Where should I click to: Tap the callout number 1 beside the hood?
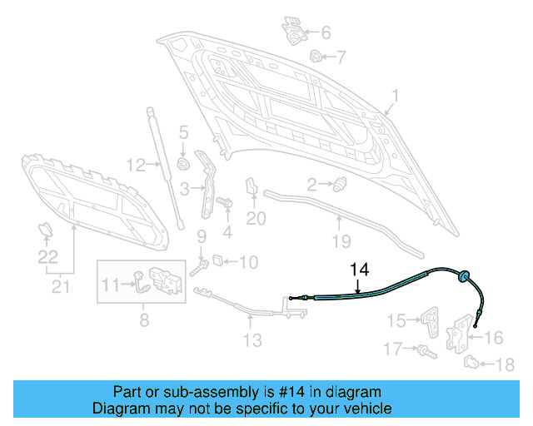coord(396,97)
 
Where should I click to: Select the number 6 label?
coord(325,32)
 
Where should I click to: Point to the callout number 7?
coord(341,57)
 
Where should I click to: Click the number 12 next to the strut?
coord(137,163)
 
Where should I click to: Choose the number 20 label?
coord(256,219)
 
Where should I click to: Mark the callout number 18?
coord(505,364)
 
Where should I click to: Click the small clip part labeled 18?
coord(471,362)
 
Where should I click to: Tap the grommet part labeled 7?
coord(316,57)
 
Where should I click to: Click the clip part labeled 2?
coord(340,185)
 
